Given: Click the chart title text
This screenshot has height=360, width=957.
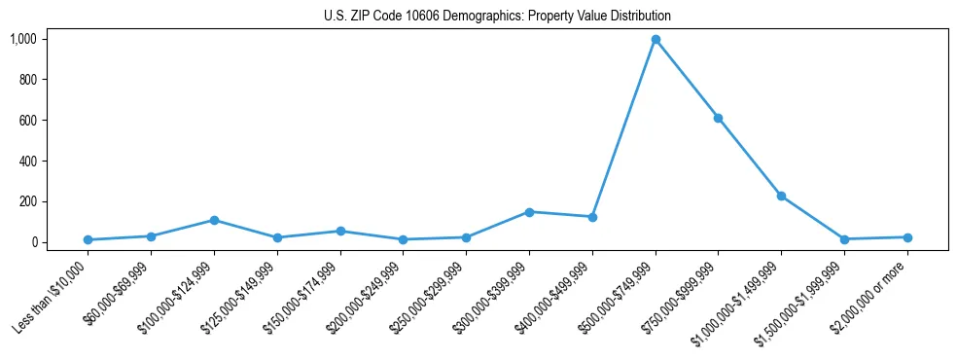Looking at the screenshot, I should (497, 17).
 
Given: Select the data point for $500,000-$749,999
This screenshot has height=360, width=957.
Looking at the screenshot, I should (656, 40).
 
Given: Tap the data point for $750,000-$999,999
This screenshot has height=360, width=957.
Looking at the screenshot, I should (718, 118).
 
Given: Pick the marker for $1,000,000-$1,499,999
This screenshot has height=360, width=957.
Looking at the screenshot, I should (781, 196).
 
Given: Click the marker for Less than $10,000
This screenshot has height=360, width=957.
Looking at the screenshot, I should (88, 239).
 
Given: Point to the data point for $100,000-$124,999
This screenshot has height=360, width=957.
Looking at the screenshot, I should (214, 220).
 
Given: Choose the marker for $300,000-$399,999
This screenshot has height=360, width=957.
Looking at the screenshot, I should (529, 211).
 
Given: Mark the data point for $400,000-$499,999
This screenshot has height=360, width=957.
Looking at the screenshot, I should (592, 217).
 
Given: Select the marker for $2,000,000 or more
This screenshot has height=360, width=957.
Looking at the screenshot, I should (907, 237).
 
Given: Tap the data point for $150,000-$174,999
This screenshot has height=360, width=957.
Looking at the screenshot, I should (340, 231).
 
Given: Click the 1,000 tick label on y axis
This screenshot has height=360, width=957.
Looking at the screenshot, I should (23, 39).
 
